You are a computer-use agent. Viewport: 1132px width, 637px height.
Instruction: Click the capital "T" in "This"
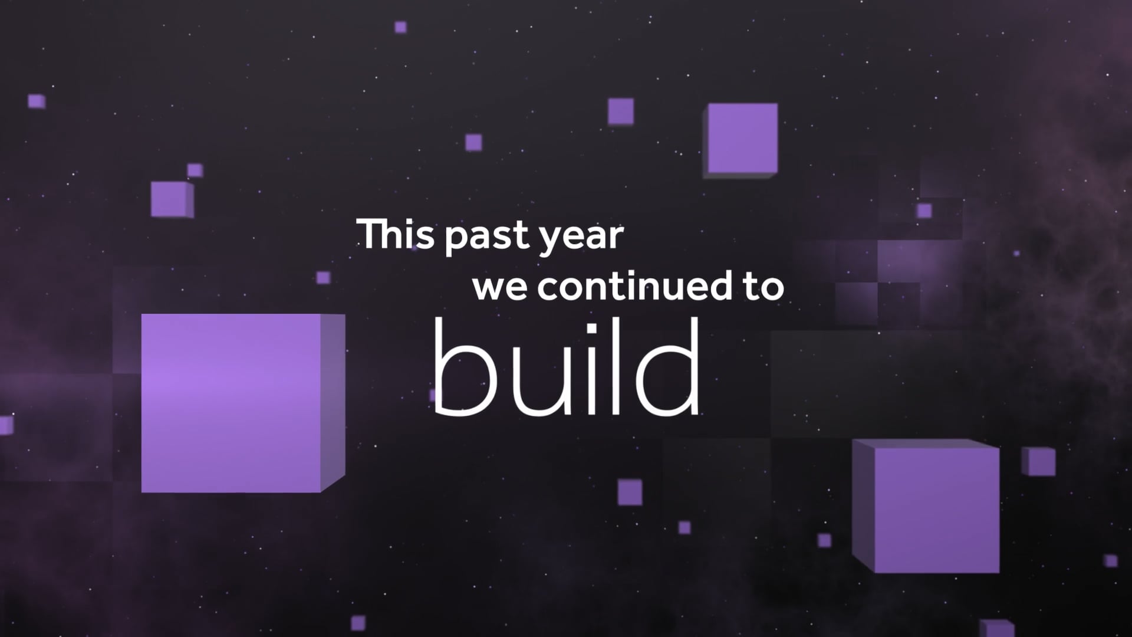(x=371, y=234)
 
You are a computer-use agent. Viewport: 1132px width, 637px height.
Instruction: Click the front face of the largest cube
(x=231, y=403)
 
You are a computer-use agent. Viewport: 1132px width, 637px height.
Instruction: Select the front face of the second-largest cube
(x=937, y=510)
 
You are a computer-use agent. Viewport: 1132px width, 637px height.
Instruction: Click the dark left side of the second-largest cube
(x=864, y=504)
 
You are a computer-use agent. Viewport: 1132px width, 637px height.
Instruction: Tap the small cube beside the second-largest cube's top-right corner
(x=1039, y=462)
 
